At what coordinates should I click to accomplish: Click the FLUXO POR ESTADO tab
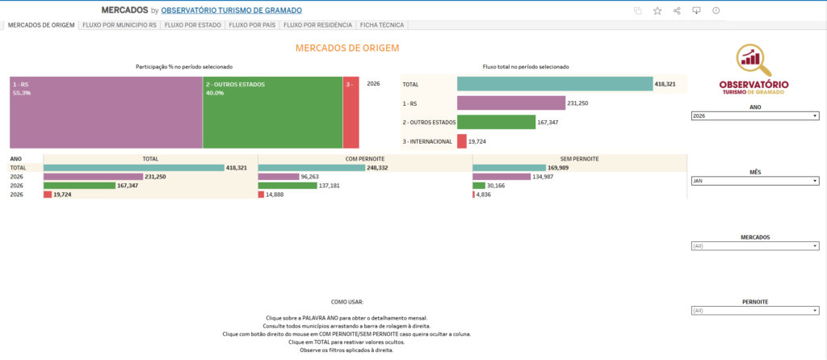193,25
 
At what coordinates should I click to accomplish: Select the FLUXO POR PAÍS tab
250,25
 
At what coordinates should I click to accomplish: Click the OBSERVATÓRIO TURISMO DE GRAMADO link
232,10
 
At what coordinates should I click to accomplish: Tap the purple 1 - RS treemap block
106,112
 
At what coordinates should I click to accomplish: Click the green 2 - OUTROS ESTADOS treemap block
272,112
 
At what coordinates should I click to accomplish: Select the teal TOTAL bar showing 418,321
554,84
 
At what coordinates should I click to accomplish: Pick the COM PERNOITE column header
365,159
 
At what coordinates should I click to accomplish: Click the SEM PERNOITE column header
579,159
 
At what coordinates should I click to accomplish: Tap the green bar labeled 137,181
288,185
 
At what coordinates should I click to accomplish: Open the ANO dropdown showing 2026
755,116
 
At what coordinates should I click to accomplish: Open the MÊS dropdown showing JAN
755,180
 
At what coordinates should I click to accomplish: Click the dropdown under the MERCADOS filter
755,246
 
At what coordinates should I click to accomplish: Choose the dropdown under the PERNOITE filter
755,310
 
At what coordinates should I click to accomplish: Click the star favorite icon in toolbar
657,10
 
